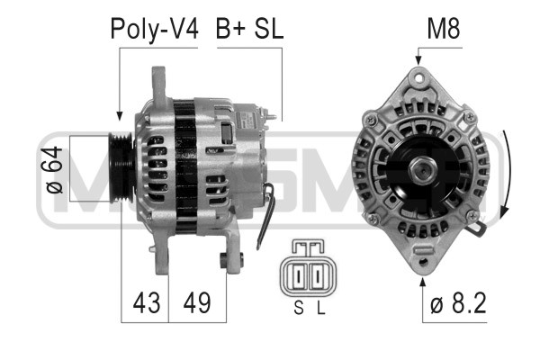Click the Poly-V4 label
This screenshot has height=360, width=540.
pos(153,29)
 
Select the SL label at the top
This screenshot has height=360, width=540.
pos(268,29)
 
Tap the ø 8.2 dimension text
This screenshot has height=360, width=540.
pos(458,303)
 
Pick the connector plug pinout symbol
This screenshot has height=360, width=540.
pos(308,268)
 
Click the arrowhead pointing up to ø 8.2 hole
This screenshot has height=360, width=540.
pos(423,282)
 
